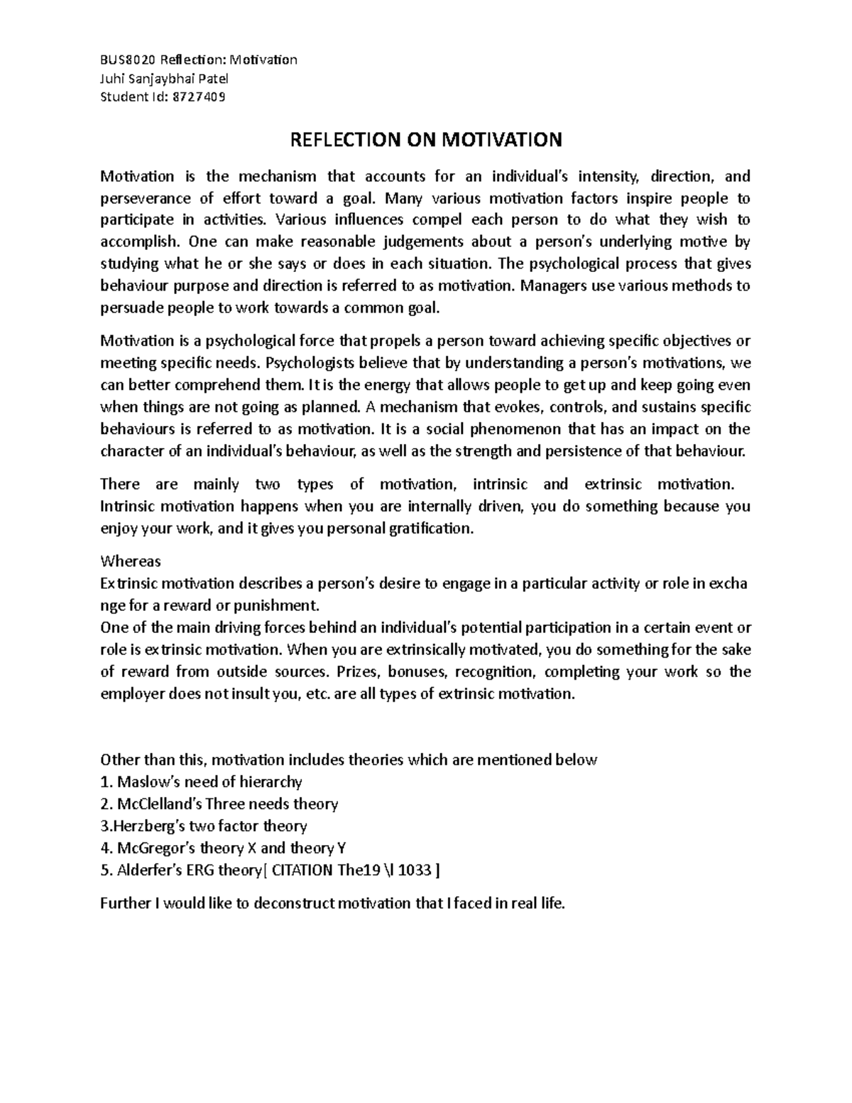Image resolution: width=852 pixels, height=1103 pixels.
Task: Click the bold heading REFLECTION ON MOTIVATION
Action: point(425,140)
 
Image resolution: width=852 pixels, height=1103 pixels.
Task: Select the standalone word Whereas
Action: point(131,561)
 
